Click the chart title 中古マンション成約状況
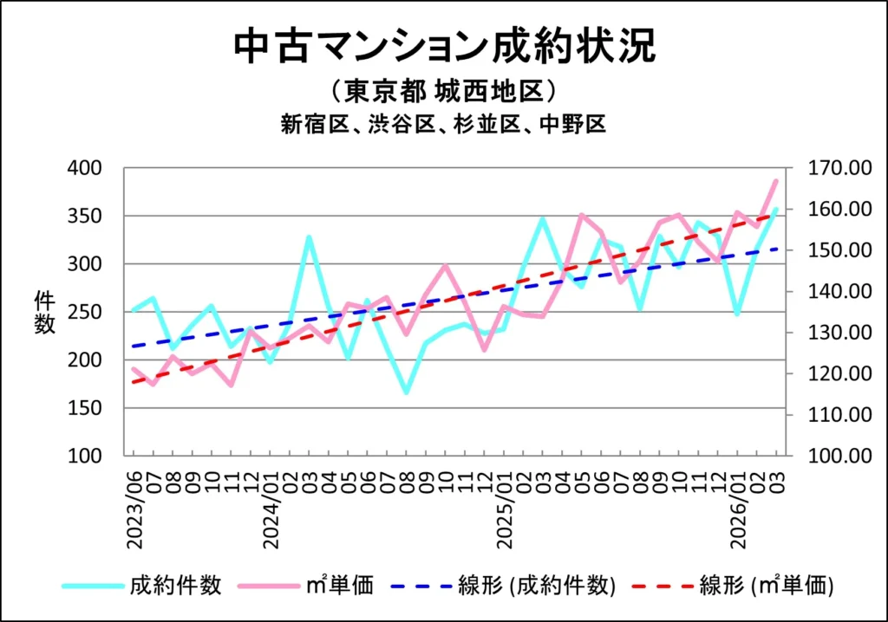pyautogui.click(x=444, y=47)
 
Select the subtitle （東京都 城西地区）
pyautogui.click(x=443, y=91)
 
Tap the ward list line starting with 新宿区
pyautogui.click(x=443, y=124)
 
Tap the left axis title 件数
pyautogui.click(x=44, y=312)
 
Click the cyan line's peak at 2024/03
pyautogui.click(x=309, y=236)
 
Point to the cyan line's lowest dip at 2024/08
pyautogui.click(x=406, y=392)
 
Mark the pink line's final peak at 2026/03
pyautogui.click(x=775, y=180)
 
